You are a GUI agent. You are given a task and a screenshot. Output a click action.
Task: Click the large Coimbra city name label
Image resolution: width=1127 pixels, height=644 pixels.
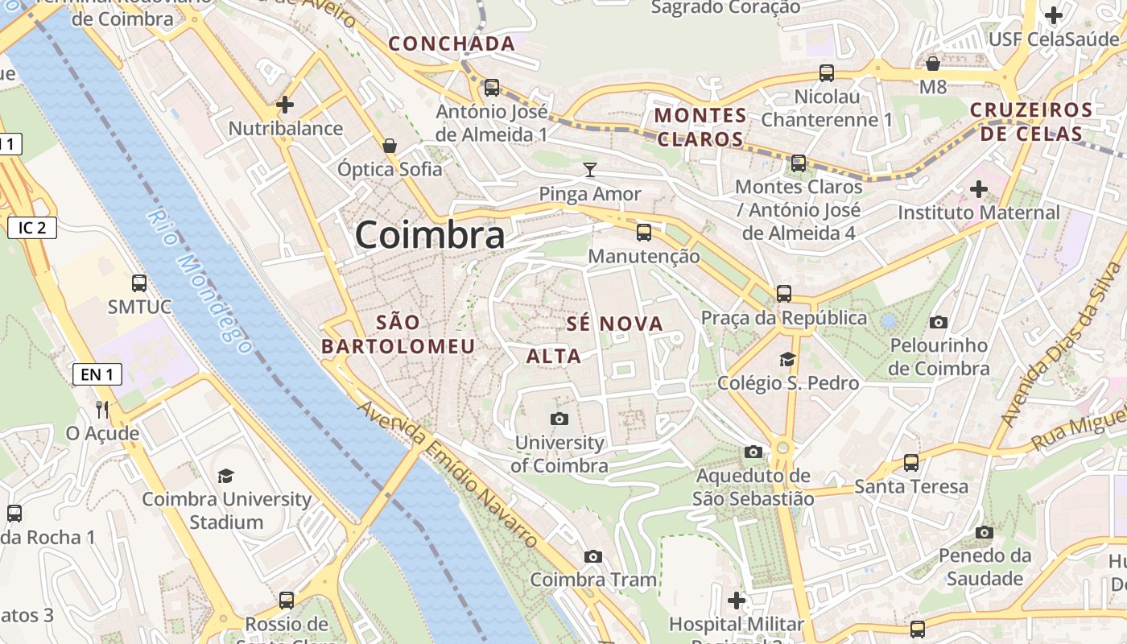[x=430, y=235]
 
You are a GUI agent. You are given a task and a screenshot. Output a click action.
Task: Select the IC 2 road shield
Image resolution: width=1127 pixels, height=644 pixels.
[x=32, y=228]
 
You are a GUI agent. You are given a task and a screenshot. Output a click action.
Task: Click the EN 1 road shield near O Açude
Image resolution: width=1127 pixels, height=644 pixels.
[x=97, y=374]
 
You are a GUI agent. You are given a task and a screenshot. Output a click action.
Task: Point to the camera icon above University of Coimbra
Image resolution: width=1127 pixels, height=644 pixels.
[x=559, y=419]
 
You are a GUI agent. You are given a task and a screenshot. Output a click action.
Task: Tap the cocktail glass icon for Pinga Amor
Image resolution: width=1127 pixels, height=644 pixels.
[x=590, y=169]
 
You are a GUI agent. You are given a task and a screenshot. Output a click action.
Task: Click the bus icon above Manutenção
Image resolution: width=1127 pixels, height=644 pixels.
[x=643, y=232]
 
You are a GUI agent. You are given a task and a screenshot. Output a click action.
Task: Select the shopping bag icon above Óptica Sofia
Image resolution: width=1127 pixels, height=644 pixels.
[x=390, y=145]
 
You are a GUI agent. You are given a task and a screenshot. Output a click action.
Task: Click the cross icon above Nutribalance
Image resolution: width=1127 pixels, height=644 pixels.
[x=284, y=105]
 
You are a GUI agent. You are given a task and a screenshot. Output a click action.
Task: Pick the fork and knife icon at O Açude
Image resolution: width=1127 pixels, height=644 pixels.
[x=102, y=409]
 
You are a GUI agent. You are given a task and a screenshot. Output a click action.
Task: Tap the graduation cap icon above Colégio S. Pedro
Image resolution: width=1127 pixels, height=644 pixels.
[x=786, y=359]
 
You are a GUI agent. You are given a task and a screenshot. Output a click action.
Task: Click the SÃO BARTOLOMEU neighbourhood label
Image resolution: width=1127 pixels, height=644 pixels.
[x=398, y=334]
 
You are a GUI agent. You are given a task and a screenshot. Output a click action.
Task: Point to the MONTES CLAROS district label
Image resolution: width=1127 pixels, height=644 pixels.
[x=700, y=127]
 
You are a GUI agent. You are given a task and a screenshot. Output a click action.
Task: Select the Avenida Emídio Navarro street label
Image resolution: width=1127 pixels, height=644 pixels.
[x=448, y=476]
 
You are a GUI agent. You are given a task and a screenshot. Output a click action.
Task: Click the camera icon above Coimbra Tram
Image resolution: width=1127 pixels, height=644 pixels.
[x=593, y=556]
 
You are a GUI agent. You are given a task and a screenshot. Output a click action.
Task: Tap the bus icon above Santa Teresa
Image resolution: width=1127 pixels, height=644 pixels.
[x=910, y=463]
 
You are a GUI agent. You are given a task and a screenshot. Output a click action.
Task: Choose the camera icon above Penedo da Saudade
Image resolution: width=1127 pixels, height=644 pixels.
[x=984, y=532]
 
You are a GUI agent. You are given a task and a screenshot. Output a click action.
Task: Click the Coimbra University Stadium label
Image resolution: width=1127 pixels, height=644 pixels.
[x=226, y=510]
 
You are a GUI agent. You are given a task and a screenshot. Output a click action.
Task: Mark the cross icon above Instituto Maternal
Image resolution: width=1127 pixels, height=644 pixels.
[x=979, y=189]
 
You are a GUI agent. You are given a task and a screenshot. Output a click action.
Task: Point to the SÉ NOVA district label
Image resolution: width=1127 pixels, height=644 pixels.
[x=615, y=324]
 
